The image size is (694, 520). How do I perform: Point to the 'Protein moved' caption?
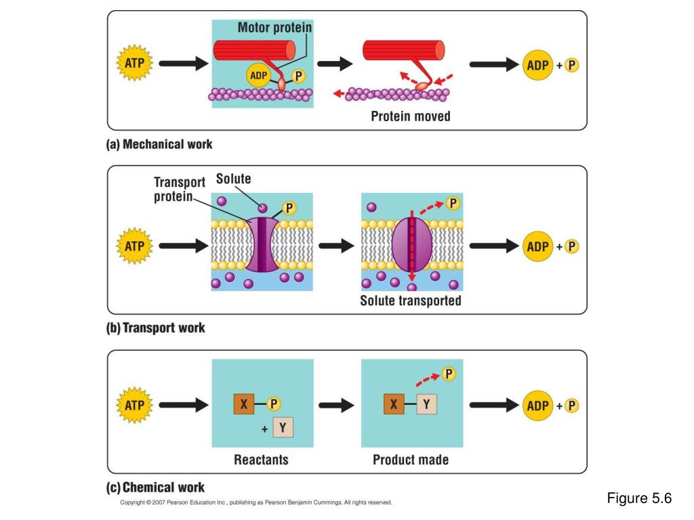pyautogui.click(x=410, y=116)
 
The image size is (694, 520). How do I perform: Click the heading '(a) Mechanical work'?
pyautogui.click(x=160, y=144)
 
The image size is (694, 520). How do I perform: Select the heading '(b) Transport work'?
pyautogui.click(x=156, y=328)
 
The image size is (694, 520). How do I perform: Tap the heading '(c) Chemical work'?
pyautogui.click(x=156, y=487)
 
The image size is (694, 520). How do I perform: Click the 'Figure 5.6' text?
pyautogui.click(x=638, y=499)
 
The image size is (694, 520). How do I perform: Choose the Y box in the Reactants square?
pyautogui.click(x=283, y=428)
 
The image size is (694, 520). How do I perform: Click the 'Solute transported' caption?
pyautogui.click(x=410, y=301)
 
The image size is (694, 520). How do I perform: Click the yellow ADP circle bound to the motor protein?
pyautogui.click(x=258, y=75)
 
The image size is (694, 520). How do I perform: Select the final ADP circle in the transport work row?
pyautogui.click(x=537, y=246)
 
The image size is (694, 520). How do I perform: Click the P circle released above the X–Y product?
pyautogui.click(x=448, y=373)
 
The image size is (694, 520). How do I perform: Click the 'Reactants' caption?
pyautogui.click(x=261, y=460)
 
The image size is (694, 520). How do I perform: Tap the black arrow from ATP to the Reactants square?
pyautogui.click(x=181, y=405)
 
